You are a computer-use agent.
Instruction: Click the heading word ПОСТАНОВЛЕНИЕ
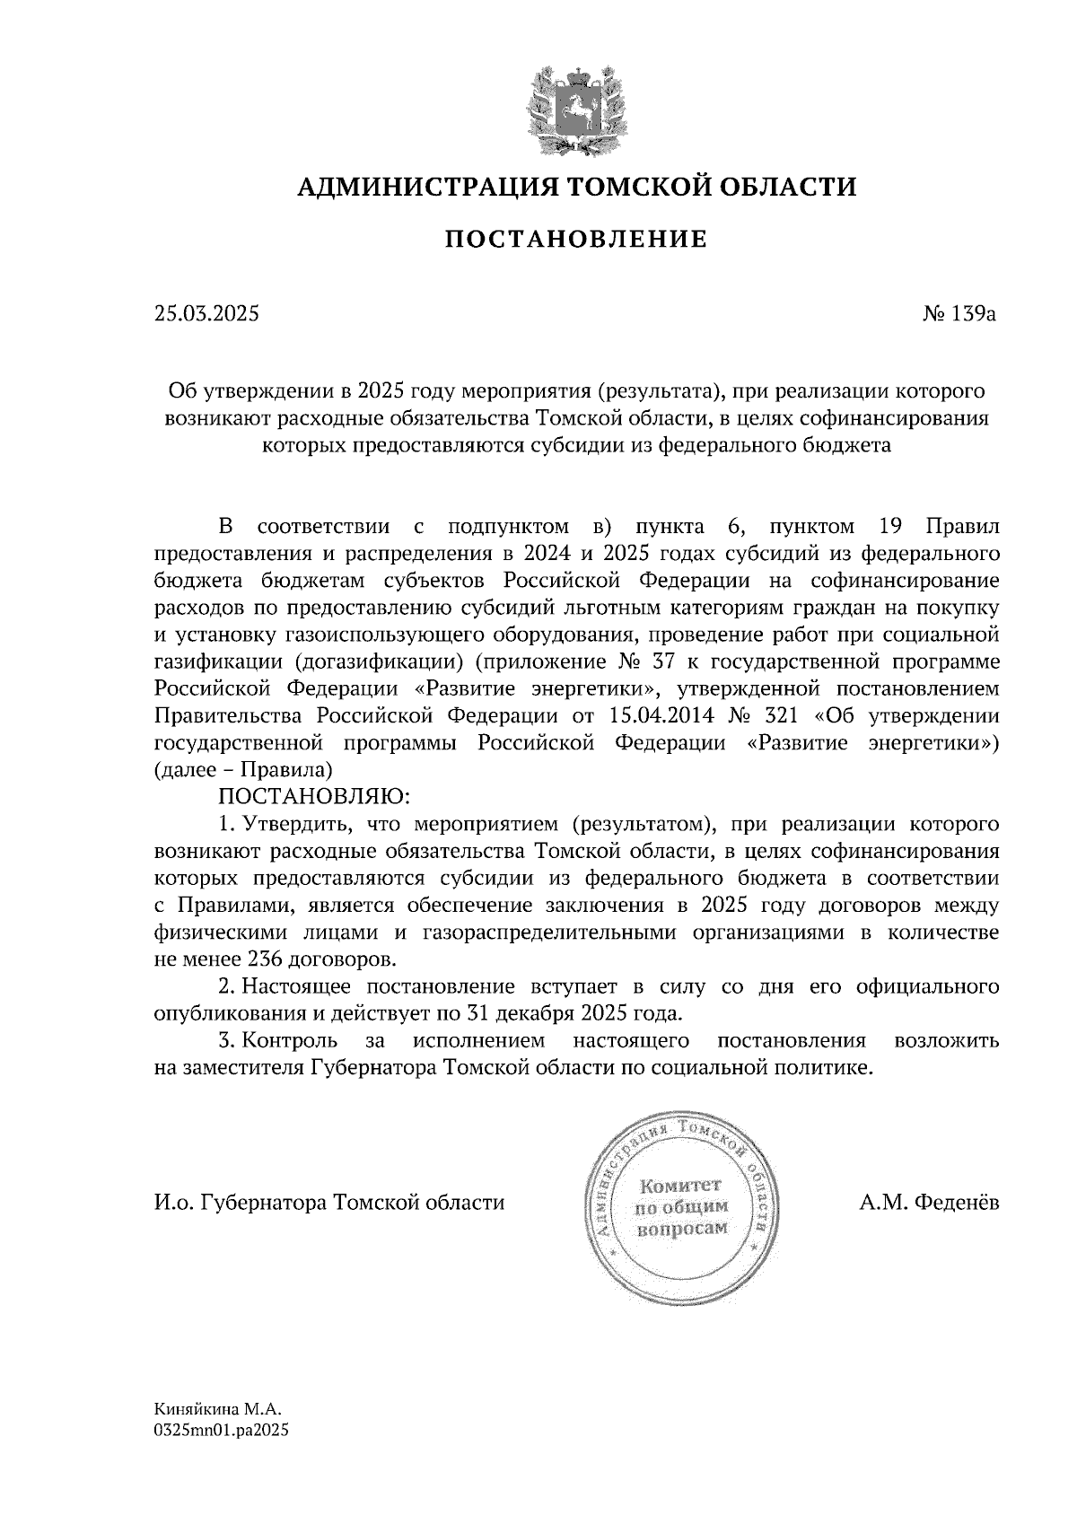click(x=576, y=240)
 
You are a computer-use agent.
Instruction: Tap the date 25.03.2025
click(x=206, y=314)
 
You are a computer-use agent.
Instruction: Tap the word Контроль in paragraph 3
click(x=291, y=1041)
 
